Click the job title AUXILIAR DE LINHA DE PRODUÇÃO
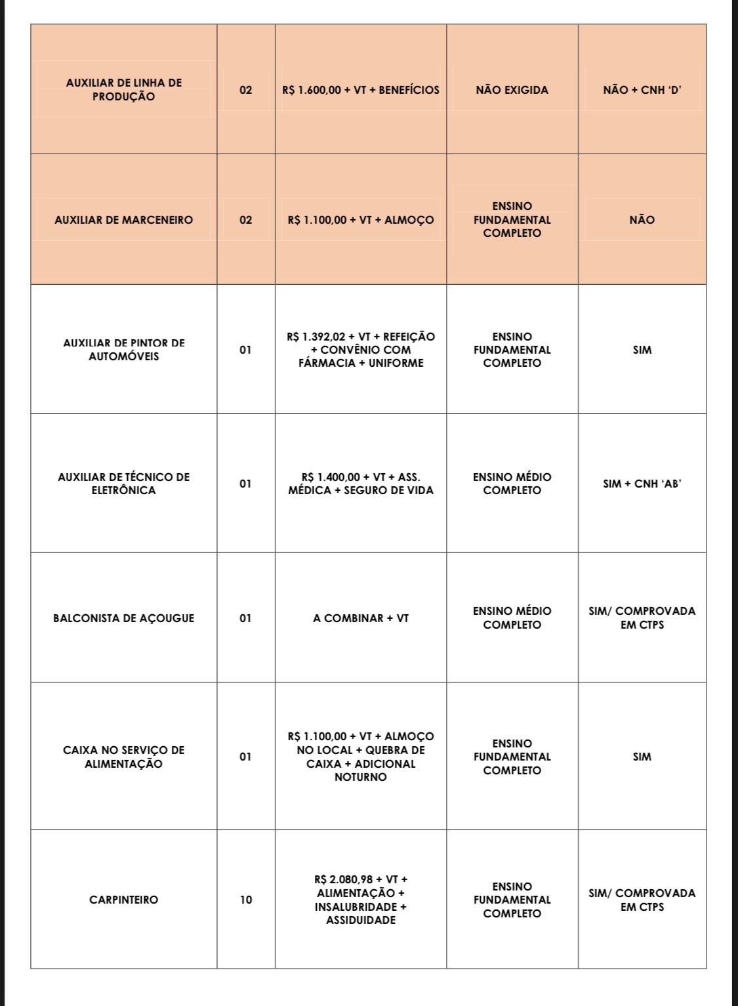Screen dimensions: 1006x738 pos(124,90)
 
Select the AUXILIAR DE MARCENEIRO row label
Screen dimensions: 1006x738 pos(124,220)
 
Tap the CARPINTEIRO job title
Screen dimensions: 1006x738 pos(124,900)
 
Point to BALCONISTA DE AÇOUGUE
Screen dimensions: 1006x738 pos(124,618)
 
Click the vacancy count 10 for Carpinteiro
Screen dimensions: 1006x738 pos(245,900)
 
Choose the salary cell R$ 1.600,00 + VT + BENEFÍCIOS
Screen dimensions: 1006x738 pos(361,90)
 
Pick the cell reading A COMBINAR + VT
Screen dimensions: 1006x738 pos(361,618)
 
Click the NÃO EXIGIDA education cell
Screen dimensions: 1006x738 pos(512,90)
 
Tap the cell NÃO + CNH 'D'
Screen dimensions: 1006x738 pos(642,90)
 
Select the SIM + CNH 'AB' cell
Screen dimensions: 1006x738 pos(642,484)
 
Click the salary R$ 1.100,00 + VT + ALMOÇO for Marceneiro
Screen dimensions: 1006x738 pos(361,220)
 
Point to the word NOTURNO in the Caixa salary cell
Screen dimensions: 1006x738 pos(361,777)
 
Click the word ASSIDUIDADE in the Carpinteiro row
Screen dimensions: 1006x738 pos(361,920)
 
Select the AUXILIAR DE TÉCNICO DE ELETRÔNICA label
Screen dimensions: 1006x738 pos(124,484)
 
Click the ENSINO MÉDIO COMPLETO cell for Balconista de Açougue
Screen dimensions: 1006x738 pos(512,618)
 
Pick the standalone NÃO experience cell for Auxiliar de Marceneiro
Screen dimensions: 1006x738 pos(642,220)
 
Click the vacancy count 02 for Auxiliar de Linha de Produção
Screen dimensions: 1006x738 pos(245,90)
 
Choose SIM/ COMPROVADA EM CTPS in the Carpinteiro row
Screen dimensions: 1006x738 pos(642,900)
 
